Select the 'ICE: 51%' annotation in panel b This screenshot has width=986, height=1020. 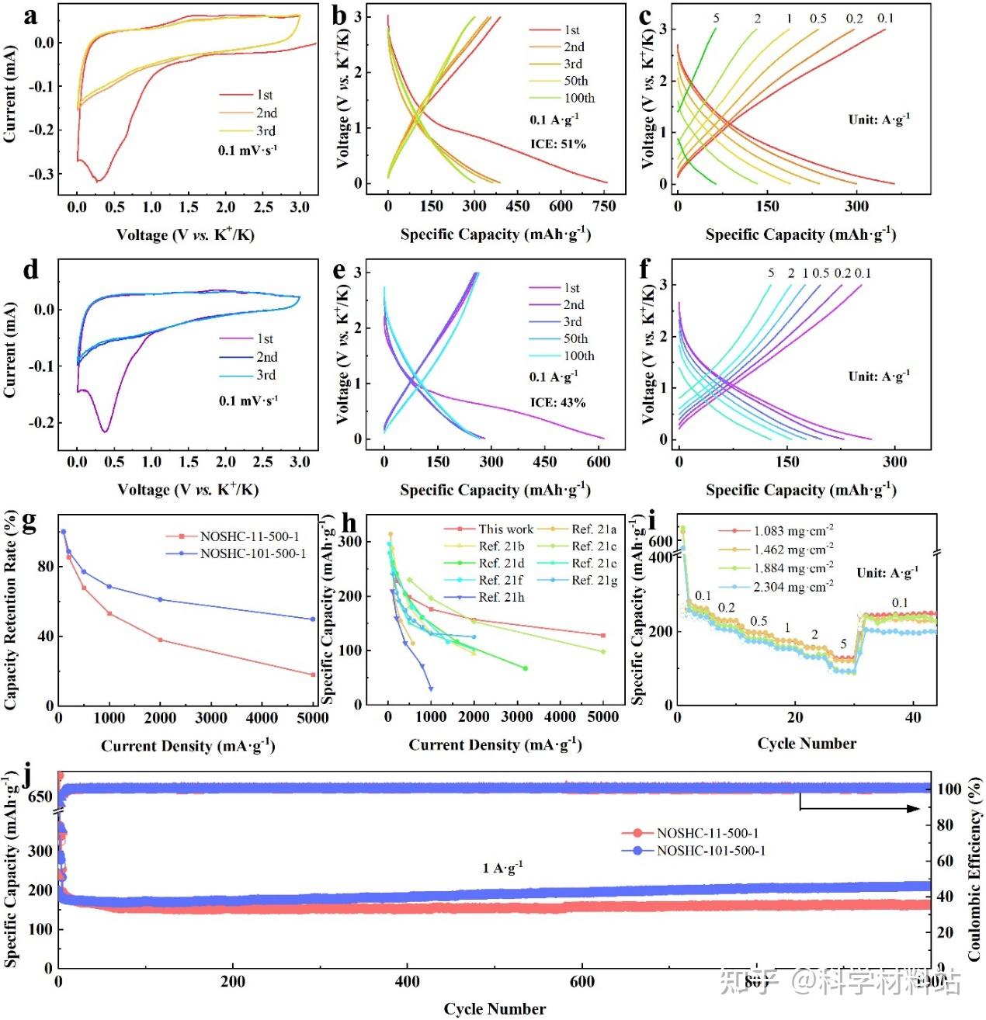tap(558, 144)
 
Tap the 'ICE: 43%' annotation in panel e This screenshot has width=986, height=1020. tap(557, 402)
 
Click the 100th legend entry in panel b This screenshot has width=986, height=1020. tap(579, 98)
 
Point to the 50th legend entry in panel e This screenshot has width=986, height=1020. tap(575, 338)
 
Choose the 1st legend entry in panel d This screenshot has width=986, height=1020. tap(265, 338)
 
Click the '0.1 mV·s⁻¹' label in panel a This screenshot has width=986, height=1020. tap(248, 150)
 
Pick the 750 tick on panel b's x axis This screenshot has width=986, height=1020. tap(604, 206)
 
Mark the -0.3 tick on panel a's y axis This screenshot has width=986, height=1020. tap(42, 174)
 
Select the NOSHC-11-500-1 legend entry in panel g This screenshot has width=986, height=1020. tap(248, 536)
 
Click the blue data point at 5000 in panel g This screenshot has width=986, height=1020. tap(313, 619)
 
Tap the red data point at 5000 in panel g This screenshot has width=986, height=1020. tap(313, 675)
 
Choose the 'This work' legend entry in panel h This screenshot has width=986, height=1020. tap(505, 529)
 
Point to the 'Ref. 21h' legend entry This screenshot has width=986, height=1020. tap(501, 597)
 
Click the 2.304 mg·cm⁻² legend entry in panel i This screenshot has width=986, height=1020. tap(793, 587)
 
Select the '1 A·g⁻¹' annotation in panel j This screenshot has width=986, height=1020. tap(502, 867)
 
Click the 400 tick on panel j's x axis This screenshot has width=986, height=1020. tap(408, 982)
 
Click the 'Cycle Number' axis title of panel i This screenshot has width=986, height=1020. tap(807, 744)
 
